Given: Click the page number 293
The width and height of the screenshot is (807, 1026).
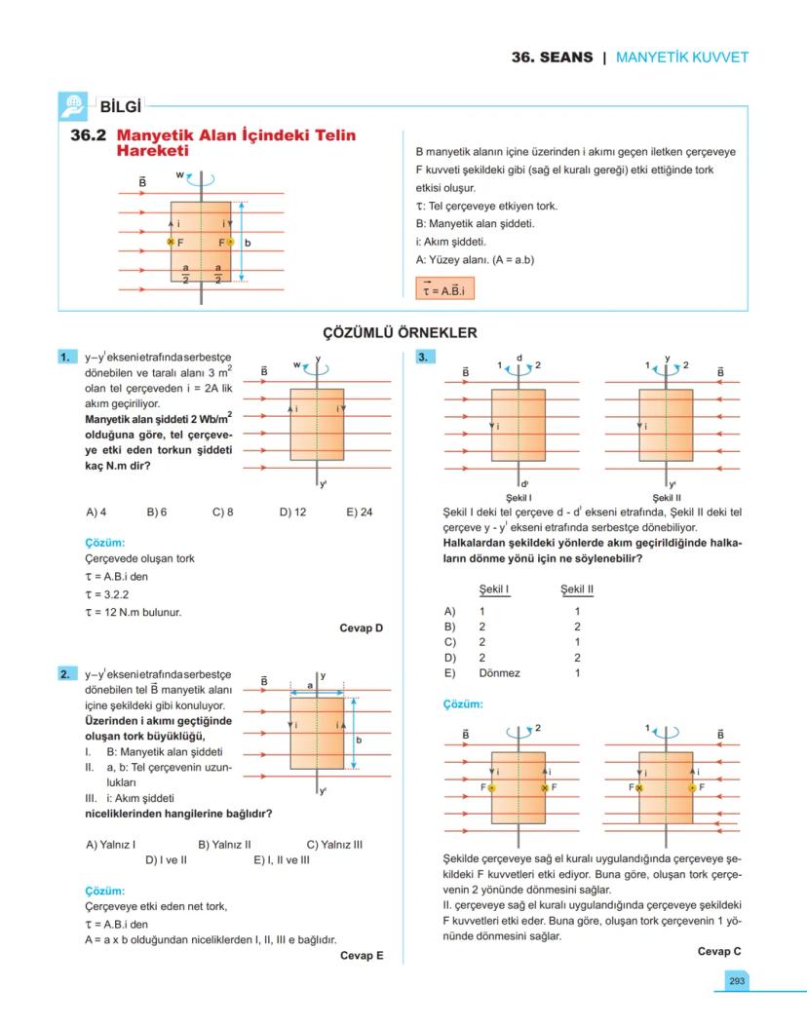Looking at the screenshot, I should coord(736,980).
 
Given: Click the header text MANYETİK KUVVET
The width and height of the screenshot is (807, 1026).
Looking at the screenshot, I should coord(682,57).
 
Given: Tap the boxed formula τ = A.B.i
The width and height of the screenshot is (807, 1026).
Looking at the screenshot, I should coord(443,289).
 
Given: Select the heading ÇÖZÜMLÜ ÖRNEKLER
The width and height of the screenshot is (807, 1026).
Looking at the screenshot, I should coord(400,333).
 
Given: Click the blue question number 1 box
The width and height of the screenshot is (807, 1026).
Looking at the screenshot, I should coord(66,358).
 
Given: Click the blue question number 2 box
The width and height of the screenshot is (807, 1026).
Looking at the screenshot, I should coord(66,673).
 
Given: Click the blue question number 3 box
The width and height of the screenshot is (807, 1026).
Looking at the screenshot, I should coord(423,358).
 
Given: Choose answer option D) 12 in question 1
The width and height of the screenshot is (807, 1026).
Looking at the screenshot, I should coord(292,512).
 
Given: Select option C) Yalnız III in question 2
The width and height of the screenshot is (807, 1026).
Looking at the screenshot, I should coord(334,845).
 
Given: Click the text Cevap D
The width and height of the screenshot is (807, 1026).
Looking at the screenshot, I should coord(361,628).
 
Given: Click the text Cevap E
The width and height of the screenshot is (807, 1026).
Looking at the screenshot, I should coord(361,956).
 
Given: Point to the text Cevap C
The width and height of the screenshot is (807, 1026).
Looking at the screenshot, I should coord(719,951).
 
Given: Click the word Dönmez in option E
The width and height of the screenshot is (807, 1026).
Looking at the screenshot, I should coord(499,673).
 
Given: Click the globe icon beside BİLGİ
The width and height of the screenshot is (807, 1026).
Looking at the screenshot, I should coord(73,105).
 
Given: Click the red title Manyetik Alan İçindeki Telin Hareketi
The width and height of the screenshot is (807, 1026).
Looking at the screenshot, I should coord(234,143).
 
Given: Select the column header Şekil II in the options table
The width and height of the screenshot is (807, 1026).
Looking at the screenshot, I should coord(577,589).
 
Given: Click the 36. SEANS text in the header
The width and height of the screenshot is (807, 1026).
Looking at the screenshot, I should coord(552,57).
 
